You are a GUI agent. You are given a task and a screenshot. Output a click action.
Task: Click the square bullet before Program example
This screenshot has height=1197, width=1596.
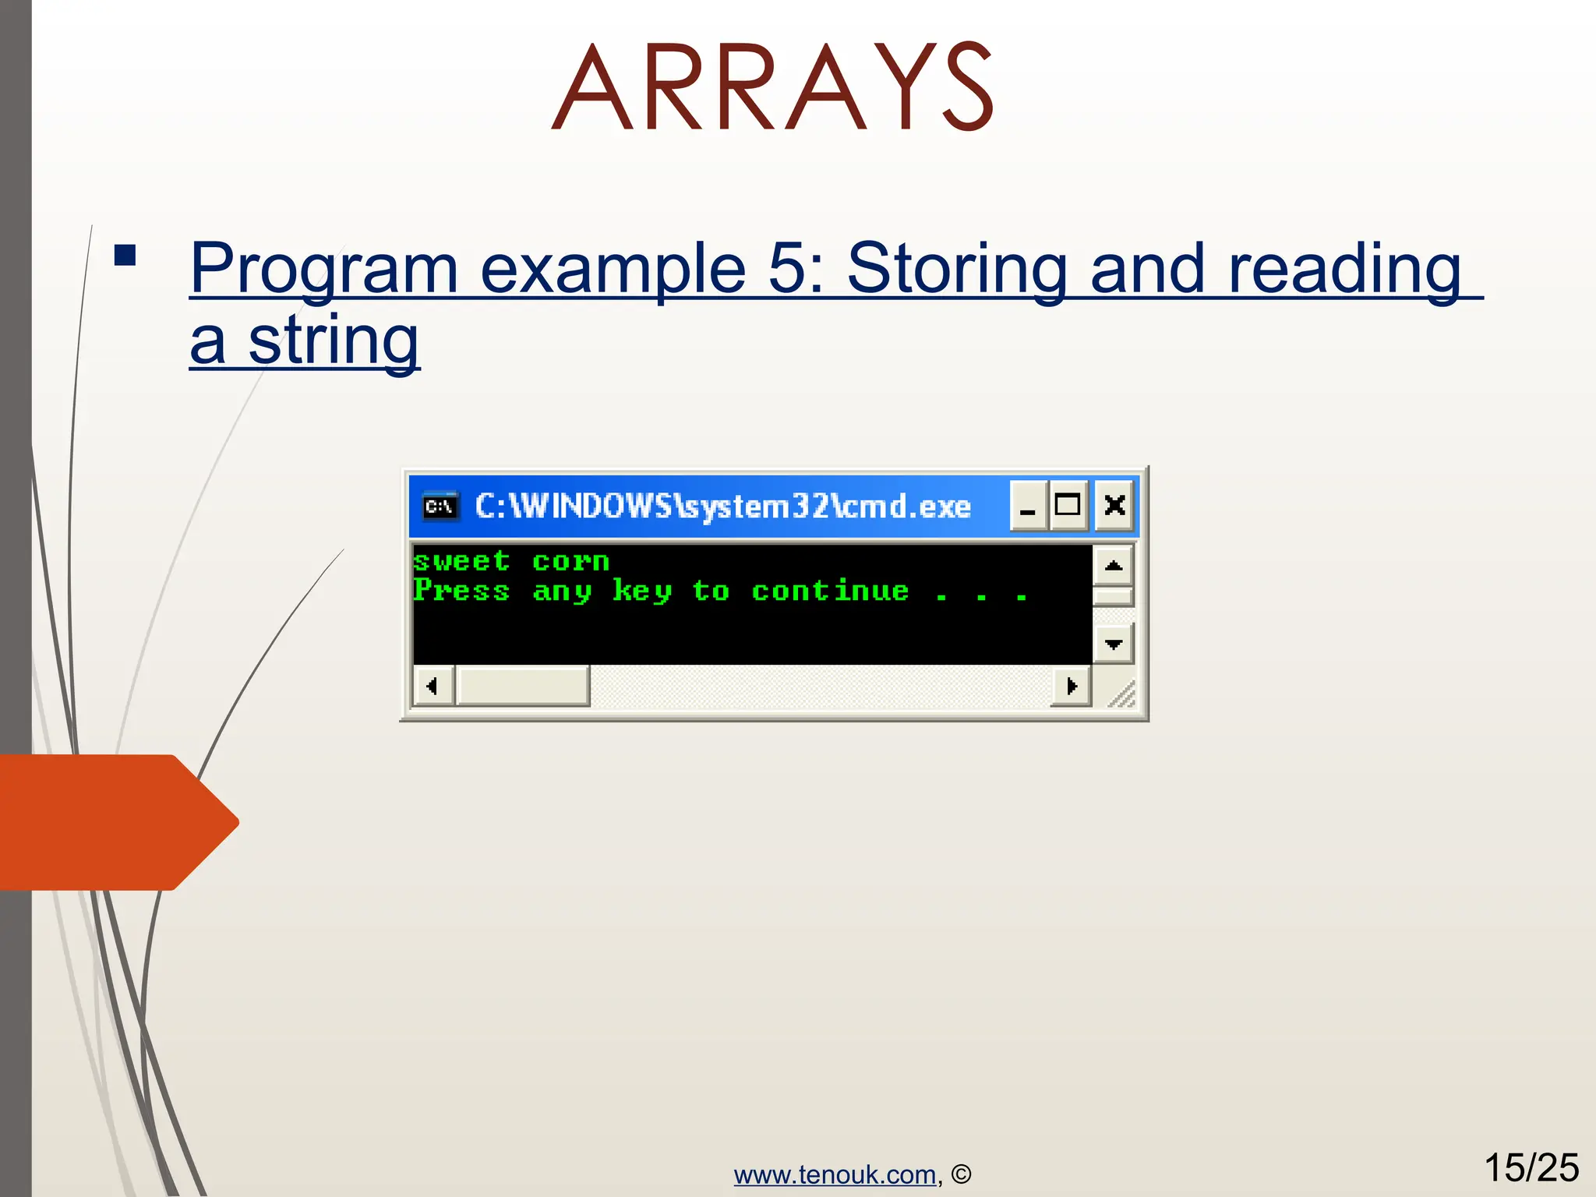tap(125, 256)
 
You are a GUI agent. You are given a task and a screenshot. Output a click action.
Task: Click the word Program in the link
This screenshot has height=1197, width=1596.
tap(323, 269)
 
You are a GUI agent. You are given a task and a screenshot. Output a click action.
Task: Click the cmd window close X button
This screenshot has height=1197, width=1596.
tap(1114, 506)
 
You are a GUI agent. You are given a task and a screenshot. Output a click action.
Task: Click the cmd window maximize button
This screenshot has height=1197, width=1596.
tap(1068, 506)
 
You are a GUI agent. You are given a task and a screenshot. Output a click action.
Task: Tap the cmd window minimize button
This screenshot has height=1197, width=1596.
tap(1028, 506)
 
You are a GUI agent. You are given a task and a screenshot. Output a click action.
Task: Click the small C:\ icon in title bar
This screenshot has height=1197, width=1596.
tap(440, 507)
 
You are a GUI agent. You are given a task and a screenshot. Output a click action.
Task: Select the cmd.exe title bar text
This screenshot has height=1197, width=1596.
tap(723, 507)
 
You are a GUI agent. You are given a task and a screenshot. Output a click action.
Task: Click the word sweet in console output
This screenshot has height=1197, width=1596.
tap(461, 561)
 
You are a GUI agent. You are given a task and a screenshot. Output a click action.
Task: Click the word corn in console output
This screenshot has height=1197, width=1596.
tap(570, 561)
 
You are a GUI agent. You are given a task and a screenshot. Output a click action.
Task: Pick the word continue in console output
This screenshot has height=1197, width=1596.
tap(831, 591)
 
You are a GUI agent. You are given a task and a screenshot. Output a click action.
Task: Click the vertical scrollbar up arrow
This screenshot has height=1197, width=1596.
tap(1114, 565)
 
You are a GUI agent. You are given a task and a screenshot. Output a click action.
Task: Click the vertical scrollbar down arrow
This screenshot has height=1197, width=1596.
tap(1114, 644)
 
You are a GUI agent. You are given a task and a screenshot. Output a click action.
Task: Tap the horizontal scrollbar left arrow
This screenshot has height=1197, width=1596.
tap(433, 687)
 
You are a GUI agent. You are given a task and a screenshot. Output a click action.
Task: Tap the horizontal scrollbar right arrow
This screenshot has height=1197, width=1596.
tap(1072, 687)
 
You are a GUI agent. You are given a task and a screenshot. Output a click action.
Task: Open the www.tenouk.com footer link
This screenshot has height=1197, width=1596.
tap(835, 1174)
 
